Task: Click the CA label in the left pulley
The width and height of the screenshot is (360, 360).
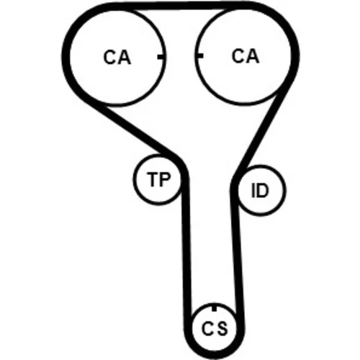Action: click(x=117, y=57)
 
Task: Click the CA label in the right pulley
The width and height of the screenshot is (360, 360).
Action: click(x=246, y=56)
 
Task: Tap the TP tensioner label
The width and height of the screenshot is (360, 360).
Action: click(x=158, y=179)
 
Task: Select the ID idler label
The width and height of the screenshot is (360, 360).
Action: click(x=259, y=190)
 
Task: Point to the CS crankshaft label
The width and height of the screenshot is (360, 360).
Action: click(x=215, y=328)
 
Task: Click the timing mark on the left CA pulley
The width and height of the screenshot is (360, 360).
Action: click(x=161, y=57)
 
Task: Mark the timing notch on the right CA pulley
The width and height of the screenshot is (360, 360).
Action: click(x=199, y=56)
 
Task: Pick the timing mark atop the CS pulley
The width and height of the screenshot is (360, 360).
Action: click(x=215, y=307)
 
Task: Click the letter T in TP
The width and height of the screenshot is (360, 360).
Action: click(x=153, y=179)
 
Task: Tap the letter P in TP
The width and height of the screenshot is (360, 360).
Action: click(x=165, y=179)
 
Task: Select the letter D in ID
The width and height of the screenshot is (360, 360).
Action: click(x=262, y=190)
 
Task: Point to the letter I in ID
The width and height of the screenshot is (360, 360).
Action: click(x=253, y=190)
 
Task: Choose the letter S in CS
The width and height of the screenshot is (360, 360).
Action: click(x=221, y=328)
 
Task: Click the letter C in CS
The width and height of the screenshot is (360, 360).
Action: click(x=207, y=328)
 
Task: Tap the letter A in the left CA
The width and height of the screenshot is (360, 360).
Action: click(x=125, y=58)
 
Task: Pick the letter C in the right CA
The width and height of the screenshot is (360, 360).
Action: click(x=238, y=56)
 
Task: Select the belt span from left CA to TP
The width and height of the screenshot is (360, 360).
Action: click(x=131, y=127)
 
